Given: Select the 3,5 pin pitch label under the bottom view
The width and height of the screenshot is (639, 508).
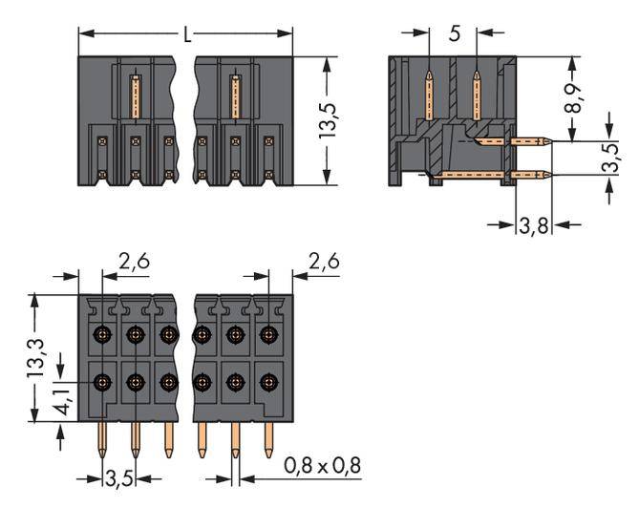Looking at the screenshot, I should point(118,475).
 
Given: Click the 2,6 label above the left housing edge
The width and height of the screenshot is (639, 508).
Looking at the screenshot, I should point(133,260).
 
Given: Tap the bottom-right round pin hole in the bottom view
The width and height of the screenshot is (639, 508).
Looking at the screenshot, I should point(268,382).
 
